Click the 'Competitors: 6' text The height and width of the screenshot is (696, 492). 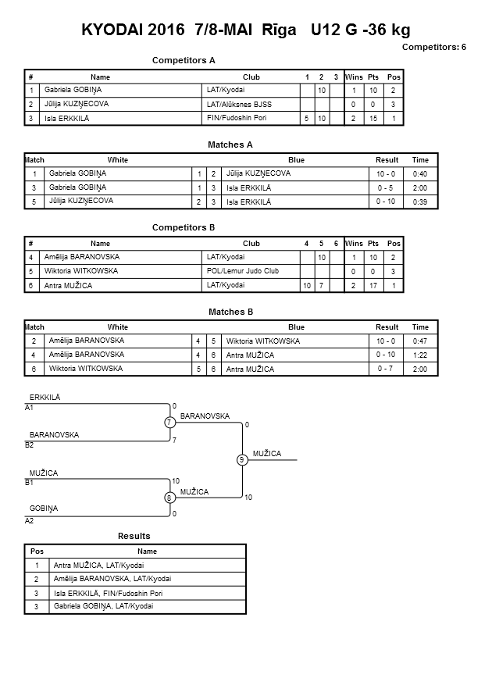click(x=434, y=47)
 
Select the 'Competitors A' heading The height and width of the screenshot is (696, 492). click(x=184, y=60)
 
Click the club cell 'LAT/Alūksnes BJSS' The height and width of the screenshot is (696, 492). click(x=239, y=105)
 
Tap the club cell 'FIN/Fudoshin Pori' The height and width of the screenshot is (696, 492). click(x=237, y=118)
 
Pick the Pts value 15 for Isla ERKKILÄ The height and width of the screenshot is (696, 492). click(x=373, y=119)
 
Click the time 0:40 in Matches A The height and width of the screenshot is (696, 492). click(x=419, y=174)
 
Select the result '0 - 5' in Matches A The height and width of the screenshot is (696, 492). click(x=386, y=187)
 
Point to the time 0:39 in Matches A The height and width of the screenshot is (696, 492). click(x=419, y=202)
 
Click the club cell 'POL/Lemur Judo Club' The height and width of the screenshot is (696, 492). click(x=243, y=271)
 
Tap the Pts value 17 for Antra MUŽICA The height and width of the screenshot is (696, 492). click(x=373, y=286)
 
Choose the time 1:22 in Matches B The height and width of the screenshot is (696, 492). click(x=419, y=355)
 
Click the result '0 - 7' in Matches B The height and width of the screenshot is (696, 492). click(x=385, y=369)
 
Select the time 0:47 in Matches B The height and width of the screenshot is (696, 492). click(x=419, y=341)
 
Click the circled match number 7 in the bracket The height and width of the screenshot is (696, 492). click(x=170, y=422)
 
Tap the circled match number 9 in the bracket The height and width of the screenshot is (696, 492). click(x=242, y=460)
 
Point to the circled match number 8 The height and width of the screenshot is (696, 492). click(x=169, y=498)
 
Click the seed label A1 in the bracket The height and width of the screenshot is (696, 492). click(x=29, y=408)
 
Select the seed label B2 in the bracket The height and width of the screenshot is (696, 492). click(x=29, y=444)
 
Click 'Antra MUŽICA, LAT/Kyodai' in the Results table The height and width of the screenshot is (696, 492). click(x=98, y=565)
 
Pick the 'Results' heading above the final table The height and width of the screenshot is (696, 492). click(x=134, y=536)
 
